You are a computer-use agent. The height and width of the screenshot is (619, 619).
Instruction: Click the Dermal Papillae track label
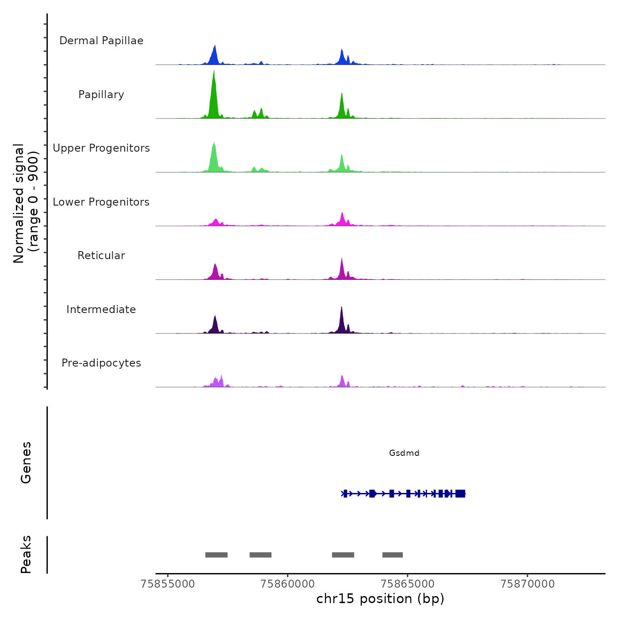click(x=101, y=41)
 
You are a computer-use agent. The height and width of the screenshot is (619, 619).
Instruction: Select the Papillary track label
click(x=101, y=95)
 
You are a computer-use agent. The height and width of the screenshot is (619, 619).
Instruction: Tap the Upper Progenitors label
click(x=101, y=148)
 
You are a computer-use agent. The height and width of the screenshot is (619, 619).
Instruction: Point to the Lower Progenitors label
click(x=101, y=202)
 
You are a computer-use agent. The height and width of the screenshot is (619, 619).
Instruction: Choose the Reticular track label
click(x=101, y=256)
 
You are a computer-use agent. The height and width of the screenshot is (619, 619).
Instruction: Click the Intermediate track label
click(x=101, y=309)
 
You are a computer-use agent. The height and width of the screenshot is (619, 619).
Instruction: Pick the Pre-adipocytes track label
click(x=101, y=363)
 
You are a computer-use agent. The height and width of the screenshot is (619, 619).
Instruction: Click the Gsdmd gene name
click(x=404, y=453)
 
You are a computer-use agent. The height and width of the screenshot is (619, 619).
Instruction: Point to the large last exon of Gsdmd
click(x=460, y=493)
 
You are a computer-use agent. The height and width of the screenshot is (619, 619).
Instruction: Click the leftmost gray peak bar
click(x=216, y=555)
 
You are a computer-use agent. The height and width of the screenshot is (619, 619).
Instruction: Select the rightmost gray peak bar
click(x=393, y=555)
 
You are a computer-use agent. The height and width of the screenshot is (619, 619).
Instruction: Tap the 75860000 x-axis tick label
click(x=288, y=584)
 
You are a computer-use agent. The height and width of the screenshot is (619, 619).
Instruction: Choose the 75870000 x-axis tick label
click(x=527, y=584)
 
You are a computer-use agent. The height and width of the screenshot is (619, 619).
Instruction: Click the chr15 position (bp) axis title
click(x=380, y=599)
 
